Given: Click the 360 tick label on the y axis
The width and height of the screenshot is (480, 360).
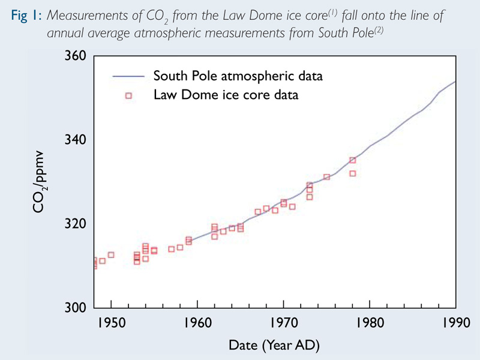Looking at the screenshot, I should click(x=74, y=56).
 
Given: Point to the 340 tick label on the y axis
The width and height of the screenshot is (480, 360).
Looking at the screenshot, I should click(x=74, y=140).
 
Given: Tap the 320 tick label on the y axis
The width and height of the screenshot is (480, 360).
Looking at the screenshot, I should click(x=74, y=224).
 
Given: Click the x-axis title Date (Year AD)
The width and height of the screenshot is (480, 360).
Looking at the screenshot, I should click(x=274, y=346).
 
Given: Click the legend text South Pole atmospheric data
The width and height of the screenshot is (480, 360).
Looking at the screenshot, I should click(x=238, y=76).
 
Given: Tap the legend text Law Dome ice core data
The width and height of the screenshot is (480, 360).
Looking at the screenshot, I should click(x=226, y=95).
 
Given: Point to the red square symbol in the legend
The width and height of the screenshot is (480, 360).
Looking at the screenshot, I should click(x=128, y=95).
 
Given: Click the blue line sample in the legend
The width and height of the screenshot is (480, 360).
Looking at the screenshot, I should click(x=128, y=77).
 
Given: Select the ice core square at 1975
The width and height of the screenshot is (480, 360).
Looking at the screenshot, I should click(x=327, y=177).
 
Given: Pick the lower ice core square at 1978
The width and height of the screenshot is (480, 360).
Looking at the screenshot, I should click(x=353, y=173).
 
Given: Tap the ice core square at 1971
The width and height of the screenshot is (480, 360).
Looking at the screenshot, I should click(x=292, y=206).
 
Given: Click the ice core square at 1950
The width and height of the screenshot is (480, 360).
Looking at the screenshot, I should click(x=111, y=254).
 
